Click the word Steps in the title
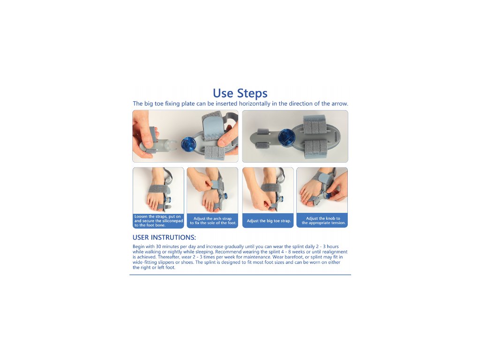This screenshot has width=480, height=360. [253, 93]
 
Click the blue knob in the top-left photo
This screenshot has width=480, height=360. [188, 144]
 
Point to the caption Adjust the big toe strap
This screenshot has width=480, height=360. [269, 221]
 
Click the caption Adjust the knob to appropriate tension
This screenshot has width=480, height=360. [323, 220]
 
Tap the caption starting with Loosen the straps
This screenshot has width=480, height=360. [158, 221]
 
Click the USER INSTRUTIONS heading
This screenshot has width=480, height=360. [164, 238]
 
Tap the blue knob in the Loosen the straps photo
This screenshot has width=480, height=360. [168, 201]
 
